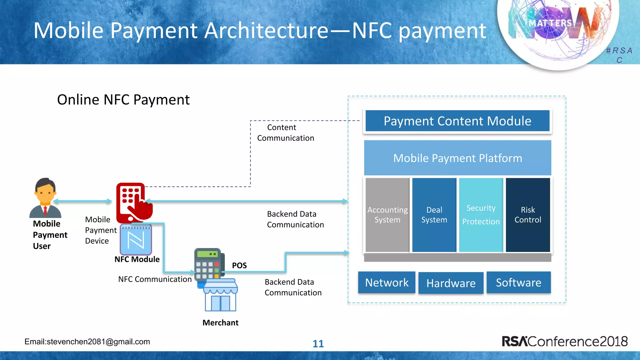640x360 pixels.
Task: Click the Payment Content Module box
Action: pos(457,121)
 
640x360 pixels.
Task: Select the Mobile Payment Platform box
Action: pos(457,158)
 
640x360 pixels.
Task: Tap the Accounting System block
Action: pos(387,215)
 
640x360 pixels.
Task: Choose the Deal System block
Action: pos(434,215)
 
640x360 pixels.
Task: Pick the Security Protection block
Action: pos(481,215)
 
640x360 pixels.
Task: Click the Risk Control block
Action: pos(528,215)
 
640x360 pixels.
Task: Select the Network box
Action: pos(387,282)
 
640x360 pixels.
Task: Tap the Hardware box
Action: pos(451,283)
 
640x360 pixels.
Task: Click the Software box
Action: pos(518,282)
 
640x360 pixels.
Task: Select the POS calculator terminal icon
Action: pos(209,264)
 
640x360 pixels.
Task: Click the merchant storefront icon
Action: pos(221,295)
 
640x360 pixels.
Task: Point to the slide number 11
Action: pos(318,344)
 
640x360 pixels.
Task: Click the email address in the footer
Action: pos(87,342)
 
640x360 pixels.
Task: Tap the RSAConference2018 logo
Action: pos(564,341)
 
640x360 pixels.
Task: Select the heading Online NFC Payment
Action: pos(123,100)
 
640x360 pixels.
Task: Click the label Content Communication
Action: pos(285,133)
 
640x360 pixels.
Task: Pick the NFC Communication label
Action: pos(155,279)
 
